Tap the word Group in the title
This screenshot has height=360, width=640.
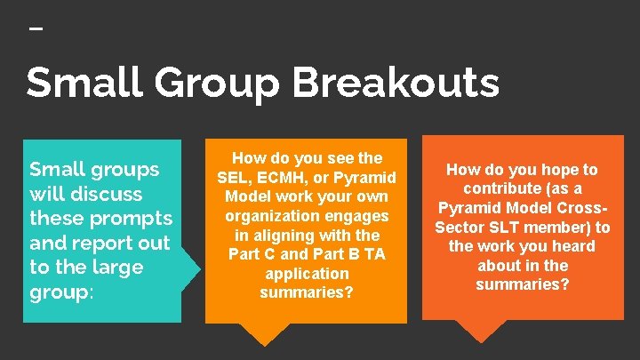tap(220, 84)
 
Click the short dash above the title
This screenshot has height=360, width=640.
tap(36, 28)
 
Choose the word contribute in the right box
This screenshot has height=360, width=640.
tap(501, 188)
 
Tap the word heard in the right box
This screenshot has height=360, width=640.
tap(574, 246)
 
